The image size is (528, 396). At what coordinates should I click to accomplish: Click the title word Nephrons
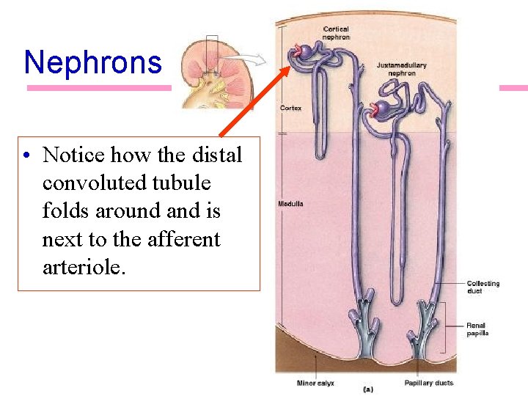click(92, 62)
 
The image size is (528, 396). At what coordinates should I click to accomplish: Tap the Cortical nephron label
click(336, 33)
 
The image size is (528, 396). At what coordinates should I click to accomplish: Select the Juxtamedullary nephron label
click(401, 69)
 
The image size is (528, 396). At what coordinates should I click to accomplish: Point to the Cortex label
click(290, 108)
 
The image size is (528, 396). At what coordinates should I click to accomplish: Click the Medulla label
click(291, 203)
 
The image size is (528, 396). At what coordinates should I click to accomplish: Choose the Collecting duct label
click(483, 287)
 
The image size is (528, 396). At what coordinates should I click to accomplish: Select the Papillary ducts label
click(429, 382)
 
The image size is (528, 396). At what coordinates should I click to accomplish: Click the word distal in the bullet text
click(214, 155)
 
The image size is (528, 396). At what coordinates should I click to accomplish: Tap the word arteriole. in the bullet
click(84, 267)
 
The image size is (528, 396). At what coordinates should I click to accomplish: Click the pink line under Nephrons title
click(99, 88)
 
